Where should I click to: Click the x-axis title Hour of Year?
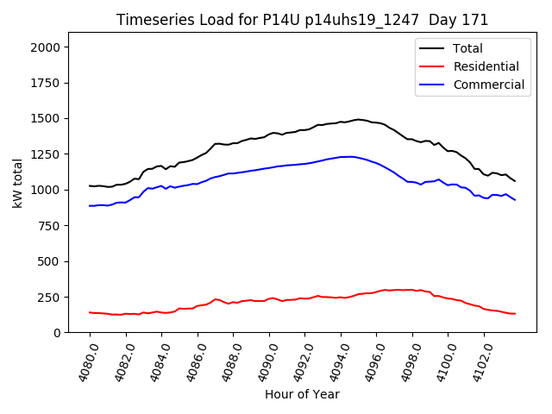click(x=302, y=394)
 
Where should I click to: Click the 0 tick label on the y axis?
click(x=58, y=333)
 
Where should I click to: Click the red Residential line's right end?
click(x=515, y=313)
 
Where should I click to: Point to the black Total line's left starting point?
click(x=90, y=185)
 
